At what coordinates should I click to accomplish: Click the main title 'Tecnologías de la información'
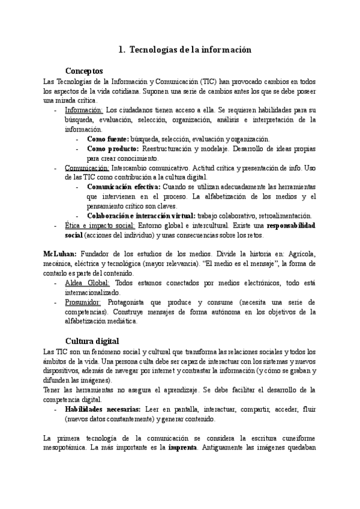tap(189, 50)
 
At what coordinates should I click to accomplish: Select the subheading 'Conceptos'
tap(84, 70)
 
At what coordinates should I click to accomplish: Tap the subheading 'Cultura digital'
tap(92, 340)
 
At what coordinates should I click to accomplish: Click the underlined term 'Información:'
tap(84, 110)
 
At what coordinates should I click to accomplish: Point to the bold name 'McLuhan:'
tap(60, 254)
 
